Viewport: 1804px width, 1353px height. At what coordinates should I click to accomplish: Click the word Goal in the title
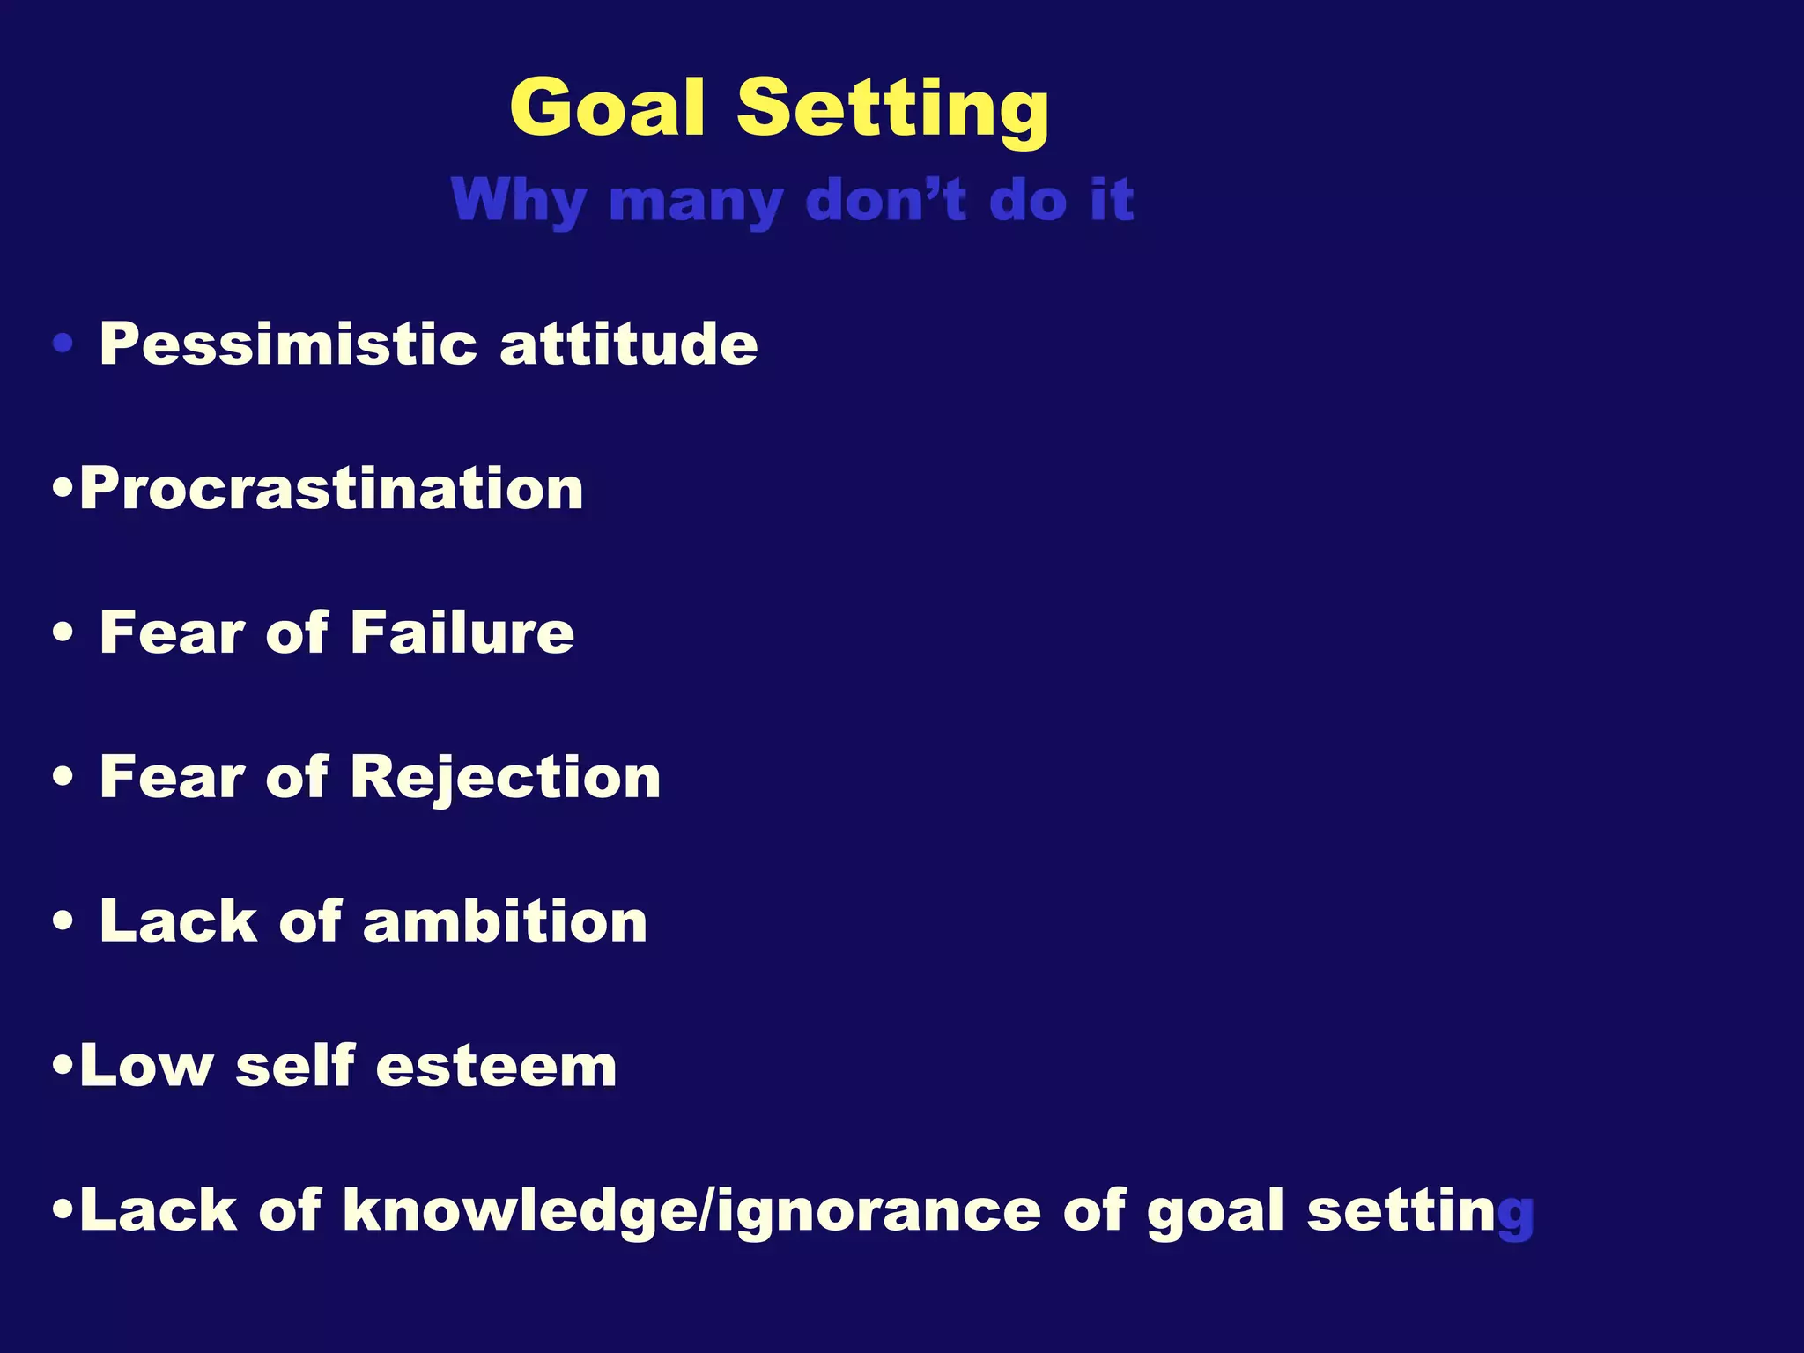coord(608,108)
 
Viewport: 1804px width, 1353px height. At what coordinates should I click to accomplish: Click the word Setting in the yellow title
coord(892,110)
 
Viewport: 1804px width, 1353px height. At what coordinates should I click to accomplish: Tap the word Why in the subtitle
coord(518,201)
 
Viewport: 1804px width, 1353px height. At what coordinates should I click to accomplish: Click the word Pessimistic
coord(288,344)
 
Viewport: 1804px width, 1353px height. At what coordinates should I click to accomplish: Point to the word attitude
coord(628,344)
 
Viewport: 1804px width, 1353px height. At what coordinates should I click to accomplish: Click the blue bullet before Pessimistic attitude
coord(63,344)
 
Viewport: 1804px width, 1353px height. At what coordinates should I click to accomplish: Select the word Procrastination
coord(331,488)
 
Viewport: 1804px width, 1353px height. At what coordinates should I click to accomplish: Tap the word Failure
coord(462,632)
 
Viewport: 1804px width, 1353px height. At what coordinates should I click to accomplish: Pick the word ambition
coord(505,921)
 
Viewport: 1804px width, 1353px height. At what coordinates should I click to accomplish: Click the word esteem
coord(496,1066)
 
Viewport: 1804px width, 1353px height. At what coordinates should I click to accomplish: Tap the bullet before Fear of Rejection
coord(63,778)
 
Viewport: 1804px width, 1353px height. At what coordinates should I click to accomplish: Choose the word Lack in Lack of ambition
coord(178,921)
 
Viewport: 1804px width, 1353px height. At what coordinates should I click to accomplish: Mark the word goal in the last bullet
coord(1216,1212)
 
